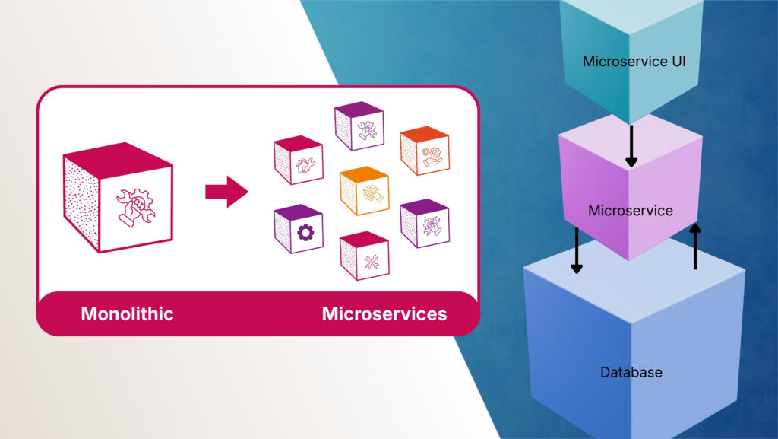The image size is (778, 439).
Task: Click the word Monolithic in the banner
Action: click(127, 313)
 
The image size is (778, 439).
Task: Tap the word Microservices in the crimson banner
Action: click(384, 313)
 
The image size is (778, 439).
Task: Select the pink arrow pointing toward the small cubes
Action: click(226, 191)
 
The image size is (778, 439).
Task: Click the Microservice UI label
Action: click(634, 62)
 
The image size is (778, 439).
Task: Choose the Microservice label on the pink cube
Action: click(630, 211)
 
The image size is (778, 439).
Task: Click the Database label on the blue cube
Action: click(631, 373)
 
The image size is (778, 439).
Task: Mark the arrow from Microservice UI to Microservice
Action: click(631, 147)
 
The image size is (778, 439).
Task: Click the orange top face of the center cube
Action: click(365, 173)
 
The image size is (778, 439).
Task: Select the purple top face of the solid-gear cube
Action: click(297, 212)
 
